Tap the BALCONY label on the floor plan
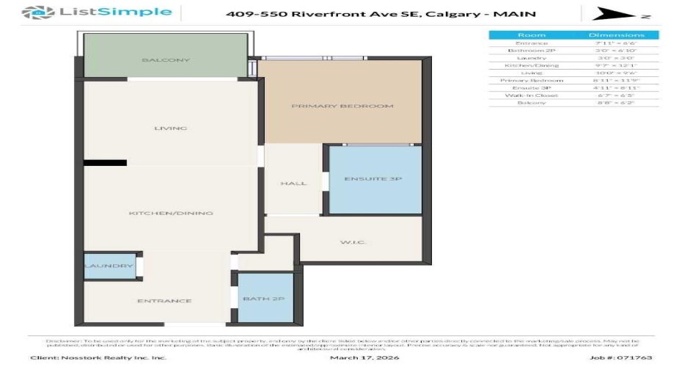coord(166,60)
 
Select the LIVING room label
coord(170,128)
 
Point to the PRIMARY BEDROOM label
coord(342,106)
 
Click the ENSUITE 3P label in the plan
coord(373,179)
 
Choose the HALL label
coord(293,183)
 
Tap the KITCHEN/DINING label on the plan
coord(170,214)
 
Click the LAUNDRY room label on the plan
coord(109,266)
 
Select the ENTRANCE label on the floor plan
coord(164,301)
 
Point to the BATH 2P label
coord(265,299)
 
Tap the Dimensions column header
coord(617,35)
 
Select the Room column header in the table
coord(531,35)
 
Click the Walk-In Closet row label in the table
coord(531,95)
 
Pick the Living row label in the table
coord(531,73)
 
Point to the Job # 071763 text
coord(609,357)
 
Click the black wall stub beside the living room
coord(105,163)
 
